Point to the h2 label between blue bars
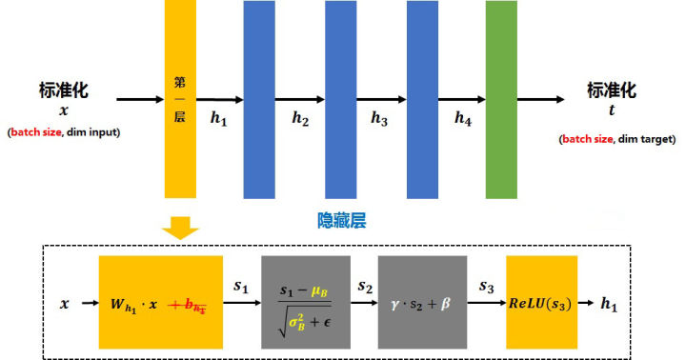coord(301,119)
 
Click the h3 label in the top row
coord(380,119)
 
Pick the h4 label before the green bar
coord(463,119)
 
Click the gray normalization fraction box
coord(306,302)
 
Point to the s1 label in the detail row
coord(242,285)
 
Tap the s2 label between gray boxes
coord(364,285)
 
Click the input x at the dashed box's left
coord(65,304)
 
